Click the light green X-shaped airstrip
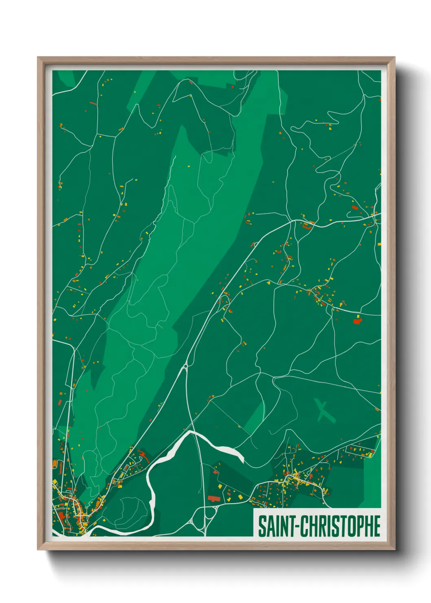point(325,411)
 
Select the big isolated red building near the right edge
point(357,321)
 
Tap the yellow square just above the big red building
point(358,316)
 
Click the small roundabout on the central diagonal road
point(185,366)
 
